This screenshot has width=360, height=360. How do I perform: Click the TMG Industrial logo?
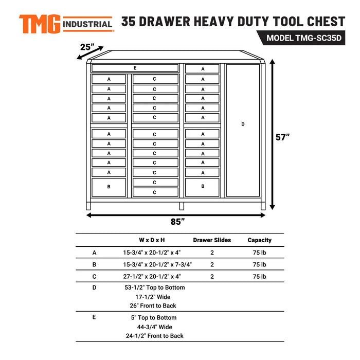[x=66, y=23]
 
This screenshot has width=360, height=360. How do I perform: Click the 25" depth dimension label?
[x=88, y=47]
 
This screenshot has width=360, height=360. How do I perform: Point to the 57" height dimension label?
[x=282, y=137]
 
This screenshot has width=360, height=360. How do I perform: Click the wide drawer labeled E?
[x=135, y=68]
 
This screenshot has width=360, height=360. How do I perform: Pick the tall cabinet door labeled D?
[x=243, y=124]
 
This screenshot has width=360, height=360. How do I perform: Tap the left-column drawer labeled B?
[x=109, y=187]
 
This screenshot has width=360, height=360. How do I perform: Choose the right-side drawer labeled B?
[x=203, y=186]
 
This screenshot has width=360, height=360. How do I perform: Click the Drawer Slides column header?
[x=212, y=240]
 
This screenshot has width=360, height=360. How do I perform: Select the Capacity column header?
[x=259, y=240]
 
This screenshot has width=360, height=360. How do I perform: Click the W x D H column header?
[x=152, y=240]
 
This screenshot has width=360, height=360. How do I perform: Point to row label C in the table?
[x=94, y=277]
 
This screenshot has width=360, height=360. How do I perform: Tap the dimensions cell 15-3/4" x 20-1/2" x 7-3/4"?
[x=157, y=264]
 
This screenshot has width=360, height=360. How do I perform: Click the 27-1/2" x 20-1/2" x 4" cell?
[x=152, y=277]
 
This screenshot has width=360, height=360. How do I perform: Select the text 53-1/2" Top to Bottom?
[x=154, y=287]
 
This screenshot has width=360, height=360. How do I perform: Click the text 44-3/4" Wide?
[x=154, y=327]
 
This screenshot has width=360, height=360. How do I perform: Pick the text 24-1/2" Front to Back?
[x=154, y=336]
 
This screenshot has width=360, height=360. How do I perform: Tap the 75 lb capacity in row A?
[x=259, y=253]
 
